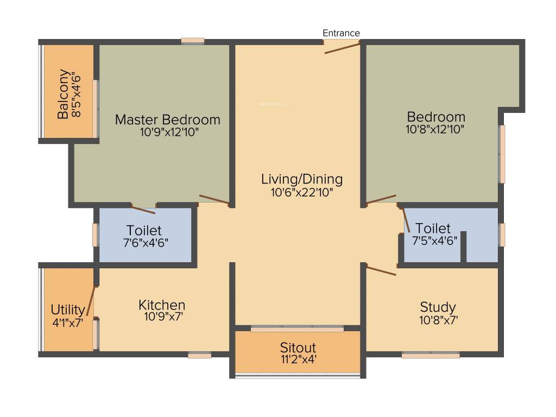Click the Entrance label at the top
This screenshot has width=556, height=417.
point(341,33)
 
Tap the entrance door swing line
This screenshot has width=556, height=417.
point(342,48)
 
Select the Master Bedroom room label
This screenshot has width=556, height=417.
point(168,119)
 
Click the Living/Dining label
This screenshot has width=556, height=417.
point(302,179)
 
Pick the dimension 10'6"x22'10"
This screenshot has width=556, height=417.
point(302,192)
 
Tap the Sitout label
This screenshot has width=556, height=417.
point(298,347)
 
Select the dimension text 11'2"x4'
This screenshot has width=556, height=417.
point(298,359)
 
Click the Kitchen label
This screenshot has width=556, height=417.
point(162,305)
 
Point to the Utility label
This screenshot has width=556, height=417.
point(68,310)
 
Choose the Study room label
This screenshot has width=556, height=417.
point(438,307)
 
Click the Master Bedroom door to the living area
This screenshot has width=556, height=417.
point(214,199)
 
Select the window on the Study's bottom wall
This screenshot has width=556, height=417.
point(431,356)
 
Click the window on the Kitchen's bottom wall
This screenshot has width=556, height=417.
point(199,356)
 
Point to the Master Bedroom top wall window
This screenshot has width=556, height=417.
point(193,41)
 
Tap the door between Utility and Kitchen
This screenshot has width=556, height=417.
point(91,301)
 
